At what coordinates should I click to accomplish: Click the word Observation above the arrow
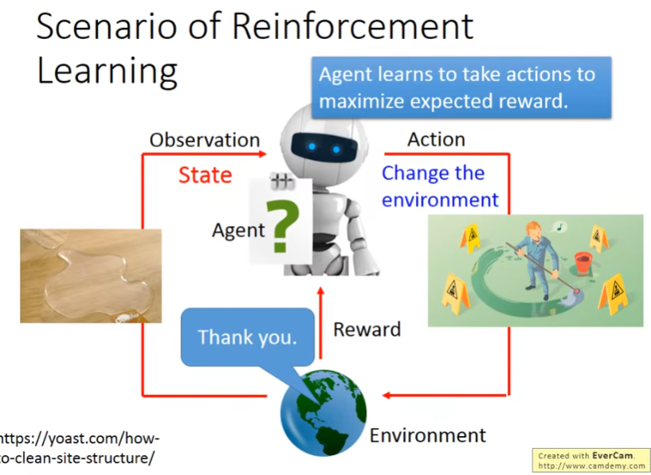[x=205, y=140]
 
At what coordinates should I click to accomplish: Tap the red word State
[x=205, y=175]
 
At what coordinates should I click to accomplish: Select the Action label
[x=436, y=139]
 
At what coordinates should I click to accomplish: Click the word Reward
[x=367, y=329]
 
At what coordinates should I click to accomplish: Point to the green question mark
[x=282, y=227]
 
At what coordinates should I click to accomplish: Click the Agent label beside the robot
[x=238, y=230]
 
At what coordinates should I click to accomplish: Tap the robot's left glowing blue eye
[x=312, y=146]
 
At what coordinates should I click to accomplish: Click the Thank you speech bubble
[x=248, y=337]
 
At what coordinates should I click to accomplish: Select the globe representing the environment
[x=324, y=413]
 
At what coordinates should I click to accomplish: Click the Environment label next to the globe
[x=428, y=436]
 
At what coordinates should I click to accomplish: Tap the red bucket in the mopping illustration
[x=583, y=262]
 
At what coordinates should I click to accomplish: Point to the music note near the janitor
[x=559, y=227]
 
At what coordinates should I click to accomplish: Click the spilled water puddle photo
[x=91, y=276]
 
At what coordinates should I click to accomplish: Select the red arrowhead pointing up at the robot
[x=320, y=290]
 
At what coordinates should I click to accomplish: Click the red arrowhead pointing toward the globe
[x=386, y=395]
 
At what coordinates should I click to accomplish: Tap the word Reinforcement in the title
[x=352, y=26]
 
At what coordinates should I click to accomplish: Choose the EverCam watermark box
[x=591, y=460]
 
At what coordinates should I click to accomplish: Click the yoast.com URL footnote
[x=79, y=448]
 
